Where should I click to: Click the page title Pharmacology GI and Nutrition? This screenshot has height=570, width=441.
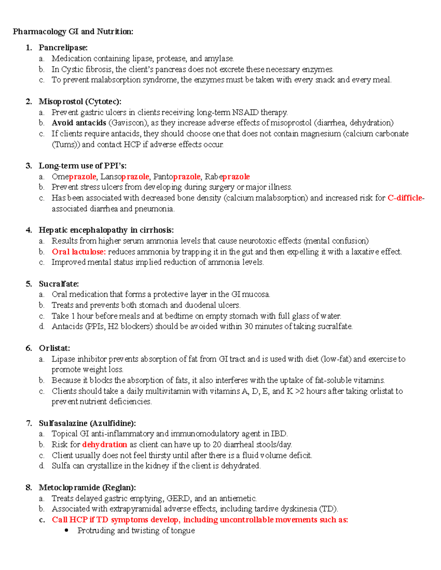[x=73, y=32]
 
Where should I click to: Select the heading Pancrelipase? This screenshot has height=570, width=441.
[x=63, y=47]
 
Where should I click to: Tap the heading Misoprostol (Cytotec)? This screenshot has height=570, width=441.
[x=80, y=101]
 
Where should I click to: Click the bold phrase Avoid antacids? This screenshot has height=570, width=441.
[x=79, y=123]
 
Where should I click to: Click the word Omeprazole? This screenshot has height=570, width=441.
[x=74, y=177]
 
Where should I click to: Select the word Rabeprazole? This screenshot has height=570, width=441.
[x=227, y=177]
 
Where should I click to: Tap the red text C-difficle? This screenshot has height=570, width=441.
[x=405, y=198]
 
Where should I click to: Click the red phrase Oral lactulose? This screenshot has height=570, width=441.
[x=79, y=252]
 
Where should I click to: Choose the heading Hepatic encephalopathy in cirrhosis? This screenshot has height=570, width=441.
[x=106, y=230]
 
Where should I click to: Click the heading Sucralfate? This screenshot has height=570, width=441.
[x=59, y=284]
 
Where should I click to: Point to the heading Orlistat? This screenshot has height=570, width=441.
[x=54, y=348]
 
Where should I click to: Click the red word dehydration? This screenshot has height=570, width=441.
[x=104, y=444]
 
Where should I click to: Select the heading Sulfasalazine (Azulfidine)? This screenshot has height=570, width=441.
[x=87, y=423]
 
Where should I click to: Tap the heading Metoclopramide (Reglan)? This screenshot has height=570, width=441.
[x=87, y=487]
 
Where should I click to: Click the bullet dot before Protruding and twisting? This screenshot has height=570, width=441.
[x=67, y=530]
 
